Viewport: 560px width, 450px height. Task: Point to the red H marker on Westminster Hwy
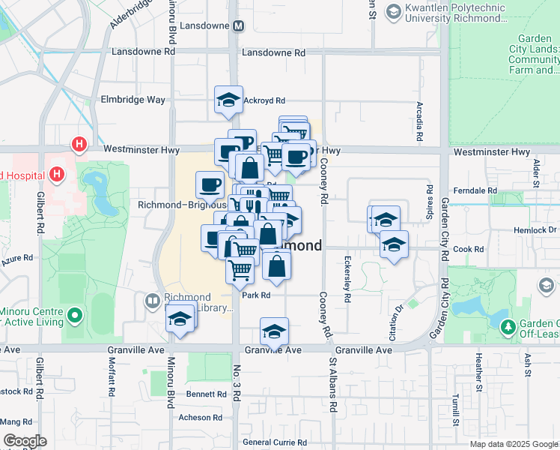[78, 143]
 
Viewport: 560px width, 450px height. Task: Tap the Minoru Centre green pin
[74, 316]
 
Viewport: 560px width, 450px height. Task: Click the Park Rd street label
[255, 295]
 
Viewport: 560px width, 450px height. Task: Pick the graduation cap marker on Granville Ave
[275, 331]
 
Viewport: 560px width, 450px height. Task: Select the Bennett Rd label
[201, 394]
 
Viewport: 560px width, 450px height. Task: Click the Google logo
[25, 441]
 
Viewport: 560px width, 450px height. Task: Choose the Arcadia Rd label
[417, 123]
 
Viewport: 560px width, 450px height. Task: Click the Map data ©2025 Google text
[513, 444]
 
